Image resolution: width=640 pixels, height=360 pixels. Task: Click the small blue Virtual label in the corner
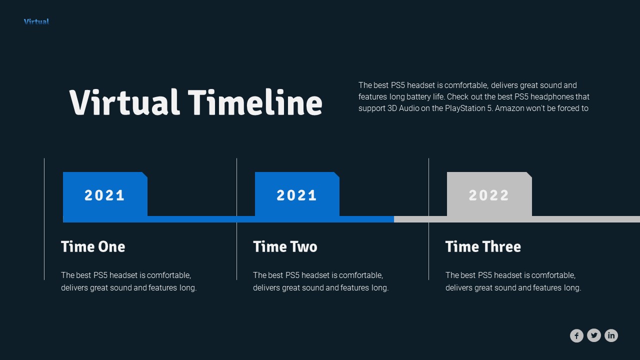(x=36, y=21)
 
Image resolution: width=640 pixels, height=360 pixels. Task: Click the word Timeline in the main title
(x=255, y=102)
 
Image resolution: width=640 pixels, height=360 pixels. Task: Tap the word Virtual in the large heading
(x=124, y=102)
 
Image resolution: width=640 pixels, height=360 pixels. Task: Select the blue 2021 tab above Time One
(x=105, y=194)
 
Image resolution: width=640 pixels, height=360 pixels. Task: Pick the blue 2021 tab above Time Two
(x=297, y=194)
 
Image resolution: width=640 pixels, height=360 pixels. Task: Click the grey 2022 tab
(x=489, y=194)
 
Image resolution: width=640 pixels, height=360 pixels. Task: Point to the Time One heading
(x=93, y=246)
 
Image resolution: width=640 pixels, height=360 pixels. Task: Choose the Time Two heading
(x=285, y=246)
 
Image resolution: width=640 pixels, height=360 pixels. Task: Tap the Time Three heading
(x=483, y=246)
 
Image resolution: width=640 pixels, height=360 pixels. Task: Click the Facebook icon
(x=576, y=335)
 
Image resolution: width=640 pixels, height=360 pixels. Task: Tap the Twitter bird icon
(x=594, y=335)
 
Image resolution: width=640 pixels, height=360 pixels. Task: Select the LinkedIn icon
(x=611, y=335)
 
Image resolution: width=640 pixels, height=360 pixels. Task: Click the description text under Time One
(x=128, y=281)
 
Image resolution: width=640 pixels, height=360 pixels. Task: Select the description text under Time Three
(x=513, y=281)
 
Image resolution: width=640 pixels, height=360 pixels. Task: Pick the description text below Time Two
(x=320, y=281)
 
